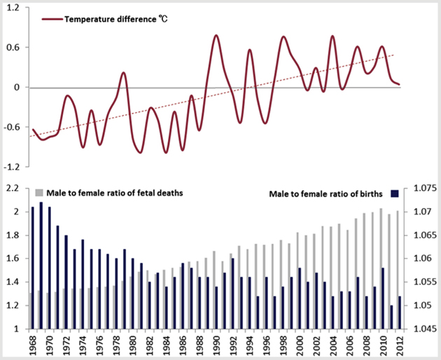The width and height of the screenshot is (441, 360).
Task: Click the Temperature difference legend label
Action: coord(115,19)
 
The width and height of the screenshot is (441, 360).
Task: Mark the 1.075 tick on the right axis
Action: coord(421,188)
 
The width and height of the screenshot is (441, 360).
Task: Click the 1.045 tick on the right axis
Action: coord(421,328)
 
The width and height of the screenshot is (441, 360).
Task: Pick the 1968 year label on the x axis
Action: coord(32,345)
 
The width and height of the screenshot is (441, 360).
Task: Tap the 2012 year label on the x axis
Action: coord(399,345)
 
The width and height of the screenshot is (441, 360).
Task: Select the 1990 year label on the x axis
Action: coord(216,345)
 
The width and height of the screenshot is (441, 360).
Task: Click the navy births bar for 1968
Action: coord(33,268)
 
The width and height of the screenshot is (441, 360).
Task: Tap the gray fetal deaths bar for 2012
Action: coord(397,270)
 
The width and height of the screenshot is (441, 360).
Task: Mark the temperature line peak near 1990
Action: coord(216,35)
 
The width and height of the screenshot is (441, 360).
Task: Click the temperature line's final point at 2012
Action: coord(399,85)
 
